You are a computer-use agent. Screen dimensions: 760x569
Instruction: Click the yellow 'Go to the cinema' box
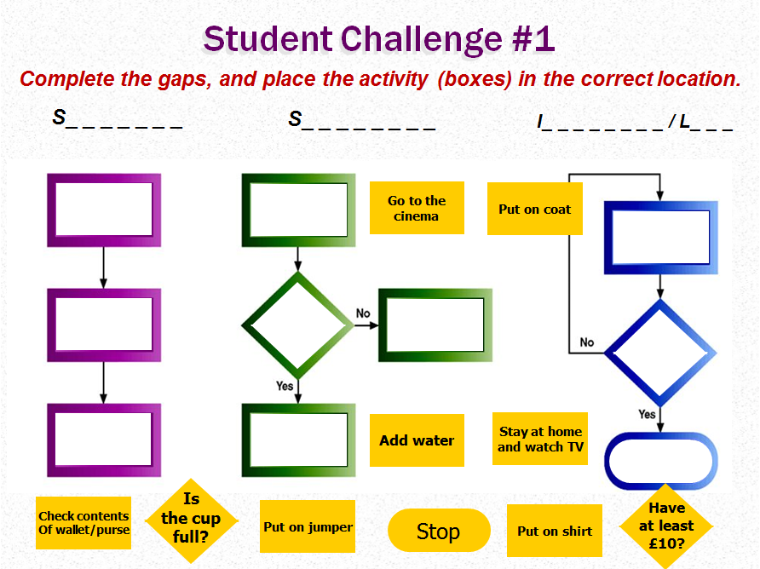(417, 208)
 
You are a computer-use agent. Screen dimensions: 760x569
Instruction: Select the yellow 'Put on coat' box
(534, 209)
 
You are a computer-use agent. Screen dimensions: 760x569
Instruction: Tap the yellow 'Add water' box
(417, 440)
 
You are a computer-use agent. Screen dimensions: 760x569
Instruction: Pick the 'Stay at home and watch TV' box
(540, 439)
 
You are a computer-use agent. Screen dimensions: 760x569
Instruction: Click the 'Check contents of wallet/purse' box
(83, 522)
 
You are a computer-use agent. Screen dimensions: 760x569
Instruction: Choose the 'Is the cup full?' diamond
(192, 520)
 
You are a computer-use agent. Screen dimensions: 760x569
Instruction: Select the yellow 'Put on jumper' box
(308, 526)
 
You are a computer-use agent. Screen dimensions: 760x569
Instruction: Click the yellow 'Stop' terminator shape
(439, 530)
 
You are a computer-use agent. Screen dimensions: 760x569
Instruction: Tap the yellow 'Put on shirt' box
(555, 531)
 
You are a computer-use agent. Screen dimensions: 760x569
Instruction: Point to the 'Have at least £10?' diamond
(666, 526)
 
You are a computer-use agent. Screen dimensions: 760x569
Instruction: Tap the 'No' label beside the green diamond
(363, 313)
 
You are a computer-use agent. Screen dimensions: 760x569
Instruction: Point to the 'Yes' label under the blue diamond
(647, 414)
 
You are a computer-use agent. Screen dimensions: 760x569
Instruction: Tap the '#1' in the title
(533, 39)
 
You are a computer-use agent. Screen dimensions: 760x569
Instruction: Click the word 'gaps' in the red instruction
(185, 79)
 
